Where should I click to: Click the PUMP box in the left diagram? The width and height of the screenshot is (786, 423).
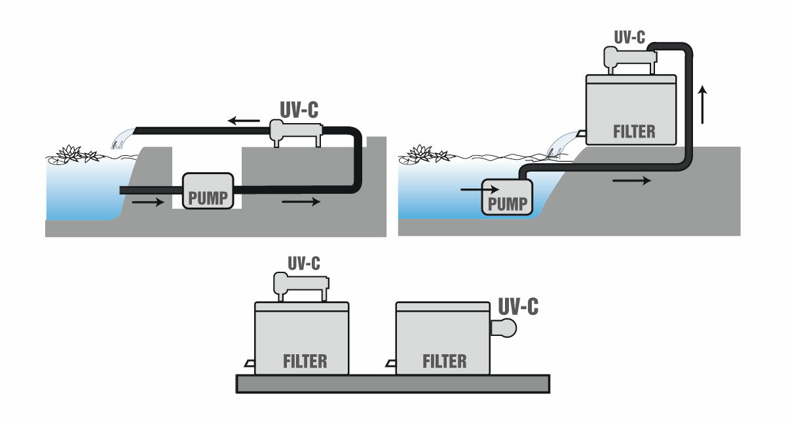coord(208,191)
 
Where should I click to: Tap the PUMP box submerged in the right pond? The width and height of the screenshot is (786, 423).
coord(507,197)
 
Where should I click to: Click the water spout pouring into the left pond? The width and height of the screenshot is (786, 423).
coord(121,139)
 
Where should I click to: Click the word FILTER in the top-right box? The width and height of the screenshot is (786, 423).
coord(633,131)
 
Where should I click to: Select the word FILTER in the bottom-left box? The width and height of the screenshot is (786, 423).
coord(305,360)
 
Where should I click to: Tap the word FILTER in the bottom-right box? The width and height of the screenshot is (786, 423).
coord(445,360)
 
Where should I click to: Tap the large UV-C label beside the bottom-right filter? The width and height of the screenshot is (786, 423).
coord(518,305)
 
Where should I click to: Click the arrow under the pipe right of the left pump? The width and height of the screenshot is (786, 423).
coord(301,202)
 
